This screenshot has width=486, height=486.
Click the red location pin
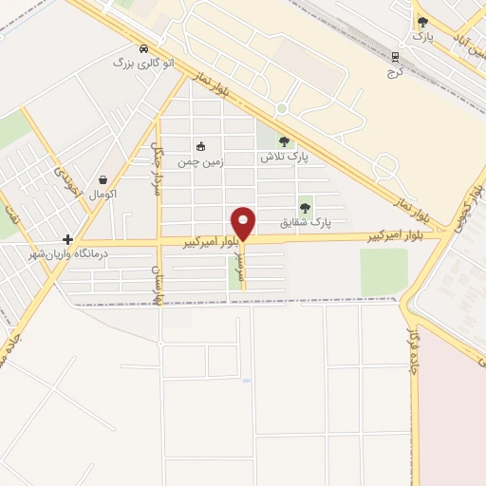coord(243,222)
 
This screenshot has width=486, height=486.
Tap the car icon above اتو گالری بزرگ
coord(143,49)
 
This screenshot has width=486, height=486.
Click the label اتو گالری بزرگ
coord(144,64)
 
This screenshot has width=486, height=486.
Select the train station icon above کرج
coord(395,55)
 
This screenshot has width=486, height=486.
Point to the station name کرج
coord(395,71)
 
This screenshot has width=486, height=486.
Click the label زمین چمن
coord(201,160)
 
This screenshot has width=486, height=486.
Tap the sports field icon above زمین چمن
coord(200,146)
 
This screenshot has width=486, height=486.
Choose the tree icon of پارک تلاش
coord(284,142)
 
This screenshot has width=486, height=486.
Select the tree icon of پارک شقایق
coord(306,206)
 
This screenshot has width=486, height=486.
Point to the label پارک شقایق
coord(307,222)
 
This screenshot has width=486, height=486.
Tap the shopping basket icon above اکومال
coord(103,179)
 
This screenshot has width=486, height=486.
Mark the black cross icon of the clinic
coord(67,239)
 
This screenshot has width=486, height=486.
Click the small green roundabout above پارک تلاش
coord(281,110)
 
